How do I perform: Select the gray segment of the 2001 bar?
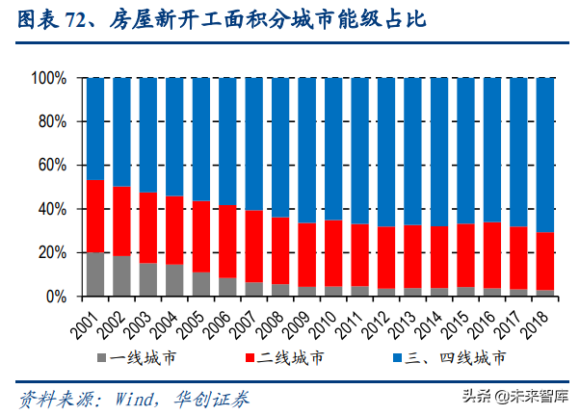coord(95,274)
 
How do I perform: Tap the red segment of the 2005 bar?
coord(200,237)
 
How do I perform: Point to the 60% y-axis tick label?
coord(51,166)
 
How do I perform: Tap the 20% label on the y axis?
coord(51,253)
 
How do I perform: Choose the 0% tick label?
coord(55,298)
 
